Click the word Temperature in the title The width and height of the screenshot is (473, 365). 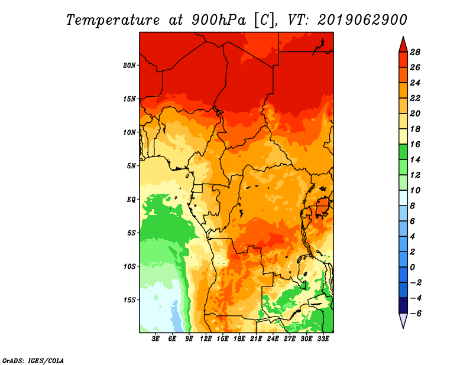(112, 20)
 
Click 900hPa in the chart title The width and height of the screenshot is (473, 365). (218, 20)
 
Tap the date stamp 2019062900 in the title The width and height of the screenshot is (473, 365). (362, 20)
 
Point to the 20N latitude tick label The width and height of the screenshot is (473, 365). (129, 66)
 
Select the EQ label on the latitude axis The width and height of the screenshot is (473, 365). (131, 200)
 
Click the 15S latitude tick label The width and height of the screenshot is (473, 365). (129, 300)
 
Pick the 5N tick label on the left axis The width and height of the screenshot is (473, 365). (131, 166)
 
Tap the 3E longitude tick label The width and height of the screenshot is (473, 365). (155, 339)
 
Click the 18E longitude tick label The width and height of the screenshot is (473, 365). (239, 339)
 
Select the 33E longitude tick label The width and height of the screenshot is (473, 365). (323, 339)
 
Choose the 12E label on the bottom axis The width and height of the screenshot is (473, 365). (206, 339)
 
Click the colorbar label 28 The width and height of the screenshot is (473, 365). (415, 52)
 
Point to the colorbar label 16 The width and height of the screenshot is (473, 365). (415, 144)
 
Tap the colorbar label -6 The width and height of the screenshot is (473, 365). (416, 314)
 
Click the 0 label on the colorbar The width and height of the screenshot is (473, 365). (412, 268)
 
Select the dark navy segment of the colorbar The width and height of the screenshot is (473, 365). (403, 305)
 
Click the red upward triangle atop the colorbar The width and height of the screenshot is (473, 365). (403, 45)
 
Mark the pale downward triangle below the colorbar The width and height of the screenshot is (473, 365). (403, 320)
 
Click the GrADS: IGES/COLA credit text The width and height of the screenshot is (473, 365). (33, 361)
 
